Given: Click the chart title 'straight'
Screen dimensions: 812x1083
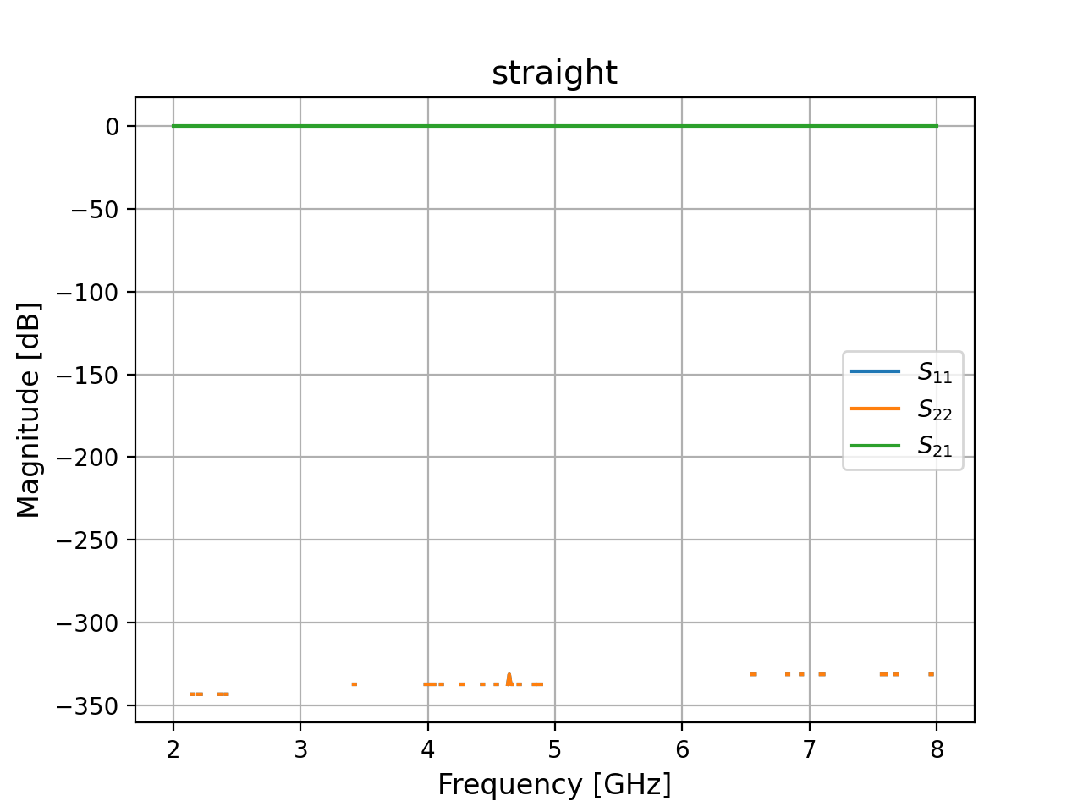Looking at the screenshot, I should point(554,73).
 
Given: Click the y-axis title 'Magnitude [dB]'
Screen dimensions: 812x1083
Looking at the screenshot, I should point(29,410).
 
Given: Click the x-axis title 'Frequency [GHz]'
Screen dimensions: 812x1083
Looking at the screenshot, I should point(554,785).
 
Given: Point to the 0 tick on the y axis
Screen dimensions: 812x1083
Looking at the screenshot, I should point(113,127).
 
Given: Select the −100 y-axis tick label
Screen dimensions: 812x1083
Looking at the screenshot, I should point(88,293).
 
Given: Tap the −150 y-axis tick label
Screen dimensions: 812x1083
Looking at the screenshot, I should point(88,375).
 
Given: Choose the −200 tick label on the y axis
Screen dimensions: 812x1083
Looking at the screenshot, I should point(88,458).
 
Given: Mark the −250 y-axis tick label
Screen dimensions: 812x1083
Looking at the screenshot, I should point(88,540).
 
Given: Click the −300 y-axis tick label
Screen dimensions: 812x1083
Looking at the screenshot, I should point(88,623).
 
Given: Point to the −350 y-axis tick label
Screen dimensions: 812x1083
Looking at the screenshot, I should point(88,706).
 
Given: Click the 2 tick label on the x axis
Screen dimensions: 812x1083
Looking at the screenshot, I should point(173,749).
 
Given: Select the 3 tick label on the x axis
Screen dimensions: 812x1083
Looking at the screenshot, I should point(300,749).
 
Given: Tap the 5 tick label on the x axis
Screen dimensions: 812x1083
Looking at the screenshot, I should point(555,749).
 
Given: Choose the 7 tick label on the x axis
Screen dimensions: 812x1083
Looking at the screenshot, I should point(810,749).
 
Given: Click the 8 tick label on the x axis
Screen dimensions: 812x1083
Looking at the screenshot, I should point(937,749).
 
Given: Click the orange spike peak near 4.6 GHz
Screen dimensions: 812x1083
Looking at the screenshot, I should point(509,674).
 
